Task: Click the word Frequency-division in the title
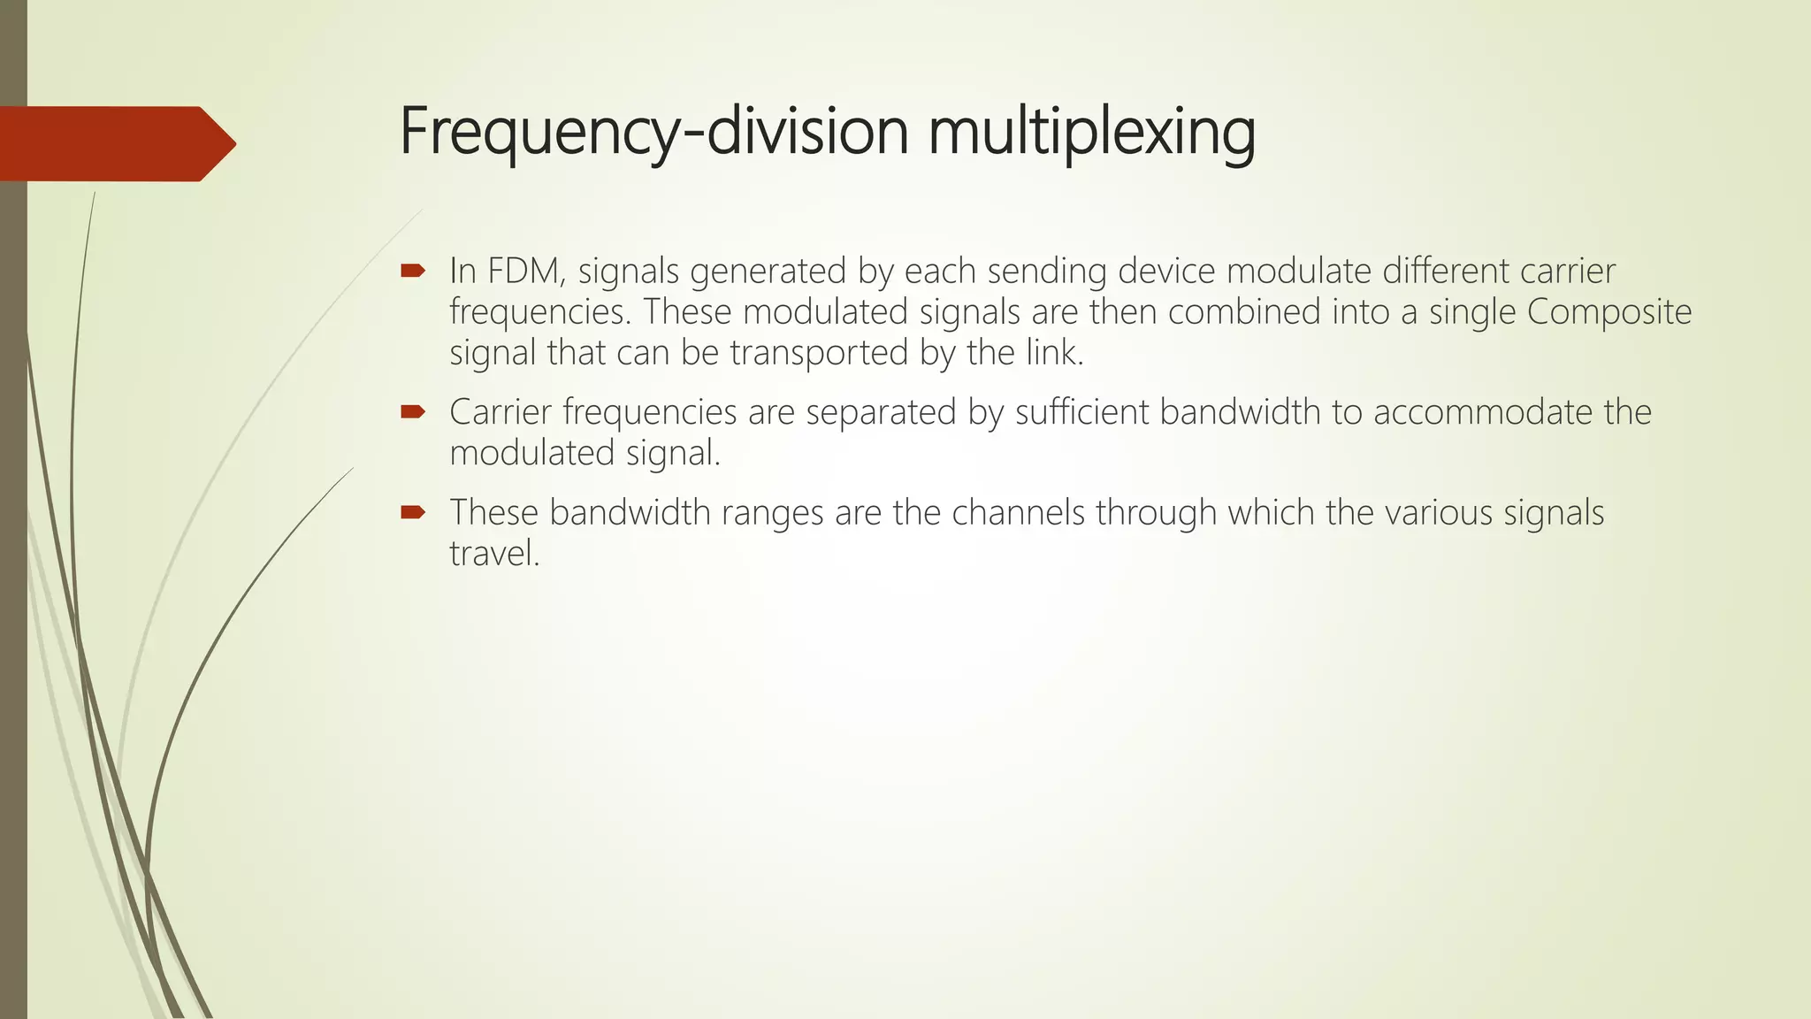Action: pos(654,131)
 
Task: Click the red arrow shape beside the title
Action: pos(115,143)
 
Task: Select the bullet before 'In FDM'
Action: pos(413,271)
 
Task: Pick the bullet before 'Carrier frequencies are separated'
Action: pos(413,411)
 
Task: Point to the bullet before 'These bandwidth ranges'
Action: pos(413,512)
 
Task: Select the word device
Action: pos(1166,271)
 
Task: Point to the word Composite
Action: pos(1609,312)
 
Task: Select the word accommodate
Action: pos(1481,412)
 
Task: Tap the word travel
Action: pos(493,554)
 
